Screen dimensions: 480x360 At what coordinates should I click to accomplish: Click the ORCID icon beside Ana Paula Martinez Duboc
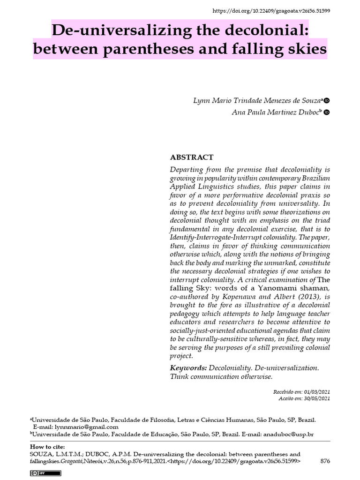tap(327, 112)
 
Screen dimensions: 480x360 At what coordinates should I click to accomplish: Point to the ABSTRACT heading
tap(191, 157)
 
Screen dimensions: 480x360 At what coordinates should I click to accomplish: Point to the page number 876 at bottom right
tap(325, 461)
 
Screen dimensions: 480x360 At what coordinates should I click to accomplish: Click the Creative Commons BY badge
tap(39, 474)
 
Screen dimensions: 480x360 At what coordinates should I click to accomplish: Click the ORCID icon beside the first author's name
tap(327, 101)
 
